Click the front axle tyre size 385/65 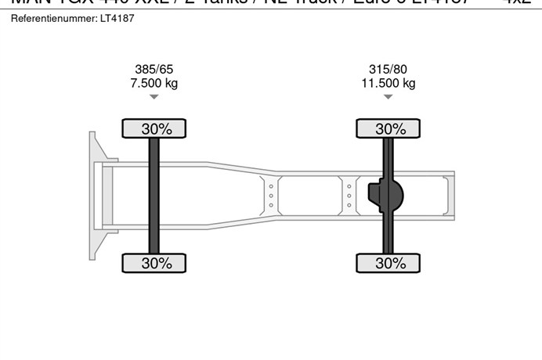(154, 69)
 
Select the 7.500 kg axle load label (154, 83)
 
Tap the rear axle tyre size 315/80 (388, 69)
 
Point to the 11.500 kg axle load (388, 83)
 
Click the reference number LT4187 (117, 18)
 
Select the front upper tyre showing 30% (154, 128)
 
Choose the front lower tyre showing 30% (154, 264)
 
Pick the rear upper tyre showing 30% (388, 128)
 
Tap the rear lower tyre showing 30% (388, 264)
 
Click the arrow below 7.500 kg (154, 97)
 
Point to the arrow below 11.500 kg (388, 97)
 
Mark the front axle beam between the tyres (154, 196)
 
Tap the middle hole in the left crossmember (271, 196)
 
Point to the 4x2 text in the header (517, 2)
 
